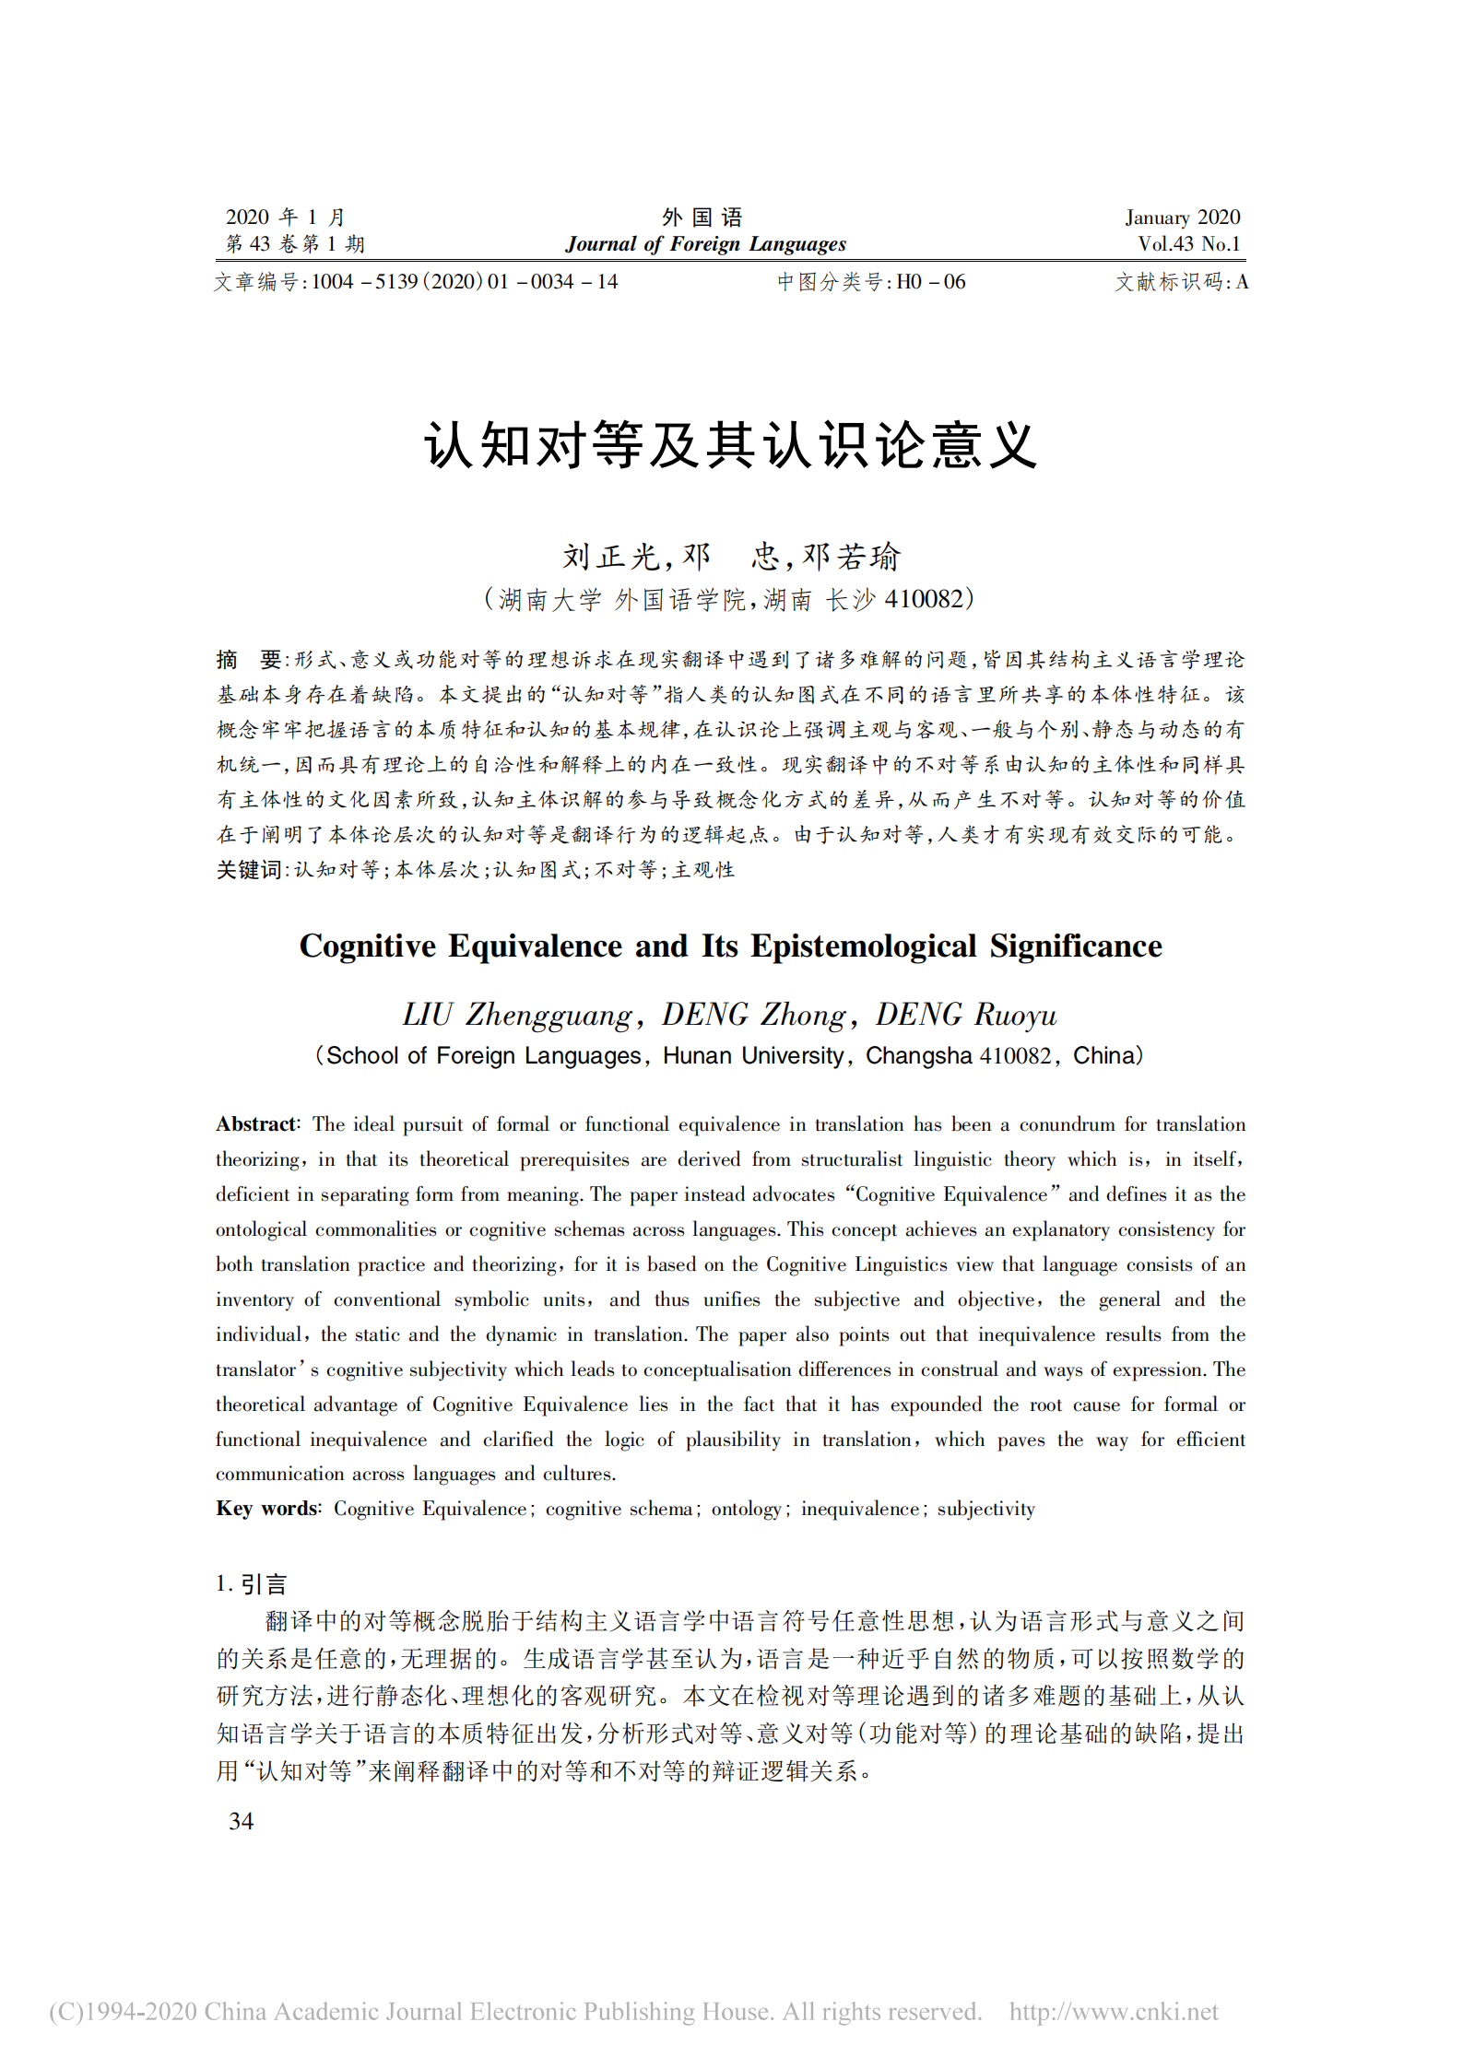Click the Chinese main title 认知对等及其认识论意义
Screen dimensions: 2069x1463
click(x=731, y=447)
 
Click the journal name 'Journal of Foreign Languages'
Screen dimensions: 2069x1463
click(x=705, y=244)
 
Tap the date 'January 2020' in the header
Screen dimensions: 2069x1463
click(x=1182, y=217)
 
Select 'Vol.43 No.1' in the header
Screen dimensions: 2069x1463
click(x=1188, y=244)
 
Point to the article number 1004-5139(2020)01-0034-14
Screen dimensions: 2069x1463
click(x=464, y=282)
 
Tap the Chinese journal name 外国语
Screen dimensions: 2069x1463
click(x=702, y=217)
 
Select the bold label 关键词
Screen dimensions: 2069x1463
click(x=249, y=870)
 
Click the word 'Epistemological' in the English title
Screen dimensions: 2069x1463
click(x=863, y=946)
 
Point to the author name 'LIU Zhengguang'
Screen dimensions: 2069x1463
click(x=517, y=1015)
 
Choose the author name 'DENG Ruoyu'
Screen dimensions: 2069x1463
click(x=966, y=1015)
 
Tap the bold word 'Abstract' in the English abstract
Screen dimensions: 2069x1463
click(x=255, y=1124)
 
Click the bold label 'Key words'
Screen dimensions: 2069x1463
click(x=266, y=1509)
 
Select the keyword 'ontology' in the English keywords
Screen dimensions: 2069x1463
click(x=746, y=1509)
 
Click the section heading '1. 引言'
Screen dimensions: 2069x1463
click(x=252, y=1584)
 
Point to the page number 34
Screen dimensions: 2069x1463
click(x=241, y=1821)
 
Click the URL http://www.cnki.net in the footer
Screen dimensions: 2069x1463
click(x=1113, y=2011)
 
